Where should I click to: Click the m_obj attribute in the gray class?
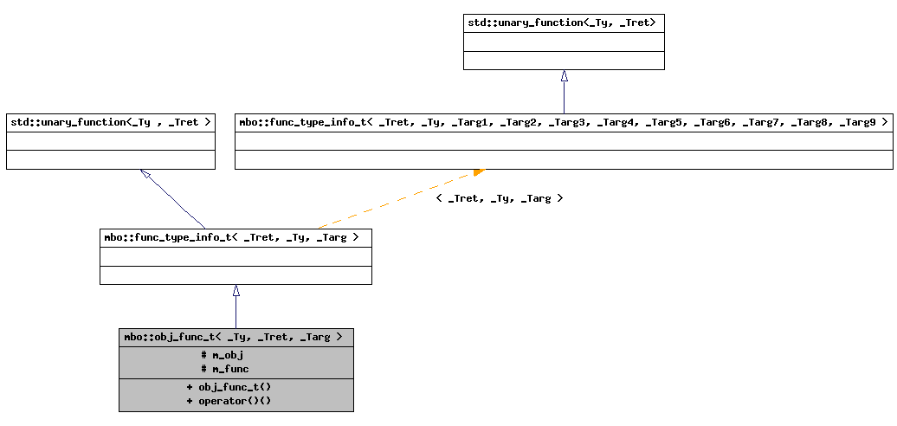coord(223,355)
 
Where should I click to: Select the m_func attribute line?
coord(225,369)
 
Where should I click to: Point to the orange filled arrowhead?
coord(478,172)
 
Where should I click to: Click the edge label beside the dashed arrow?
coord(500,198)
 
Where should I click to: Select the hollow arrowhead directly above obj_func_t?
coord(236,291)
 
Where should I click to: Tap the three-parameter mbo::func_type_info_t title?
coord(236,236)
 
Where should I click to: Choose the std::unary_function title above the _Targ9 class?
coord(564,23)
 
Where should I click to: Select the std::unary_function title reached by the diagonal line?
coord(110,122)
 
